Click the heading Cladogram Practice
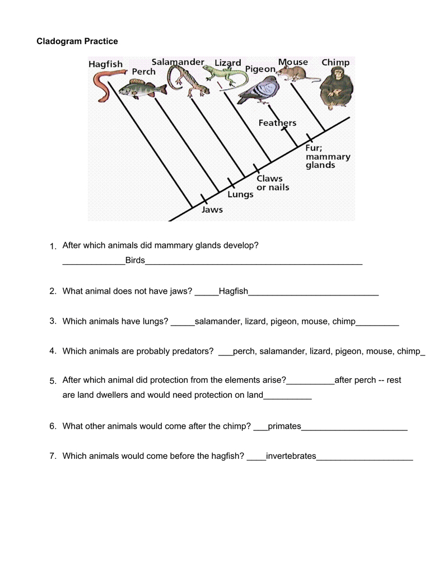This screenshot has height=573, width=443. [x=77, y=41]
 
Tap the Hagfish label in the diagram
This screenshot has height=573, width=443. [x=105, y=64]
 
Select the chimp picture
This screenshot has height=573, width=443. [x=335, y=87]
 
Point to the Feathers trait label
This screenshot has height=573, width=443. [x=277, y=123]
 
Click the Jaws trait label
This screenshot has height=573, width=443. [x=212, y=210]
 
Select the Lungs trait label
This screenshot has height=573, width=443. [x=240, y=195]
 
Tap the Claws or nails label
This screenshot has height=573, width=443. [x=273, y=183]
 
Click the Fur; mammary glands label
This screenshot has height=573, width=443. [x=328, y=157]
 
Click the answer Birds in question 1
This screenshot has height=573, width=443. [x=135, y=260]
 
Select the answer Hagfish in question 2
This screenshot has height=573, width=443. [x=233, y=291]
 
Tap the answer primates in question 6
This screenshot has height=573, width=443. [x=285, y=426]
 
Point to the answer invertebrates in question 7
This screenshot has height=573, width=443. [x=291, y=456]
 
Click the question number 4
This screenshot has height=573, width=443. [x=53, y=351]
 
